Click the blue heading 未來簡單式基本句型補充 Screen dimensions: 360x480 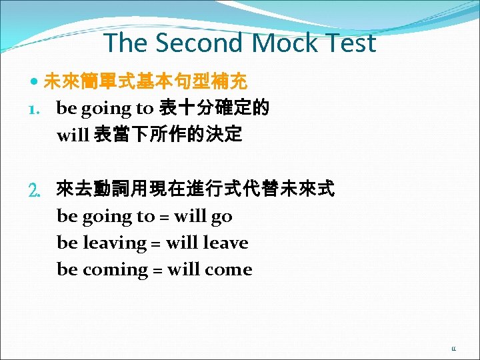(x=145, y=82)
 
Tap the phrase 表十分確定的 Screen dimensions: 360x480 (x=215, y=108)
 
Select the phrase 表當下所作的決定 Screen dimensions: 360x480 (x=168, y=135)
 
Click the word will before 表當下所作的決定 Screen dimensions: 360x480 (x=73, y=136)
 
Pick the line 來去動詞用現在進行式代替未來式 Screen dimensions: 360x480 (x=195, y=189)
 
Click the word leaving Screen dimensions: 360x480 (x=114, y=243)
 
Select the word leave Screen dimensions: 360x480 (x=225, y=243)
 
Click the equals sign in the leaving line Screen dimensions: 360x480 (x=157, y=244)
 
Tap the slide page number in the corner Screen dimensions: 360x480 (x=453, y=348)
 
